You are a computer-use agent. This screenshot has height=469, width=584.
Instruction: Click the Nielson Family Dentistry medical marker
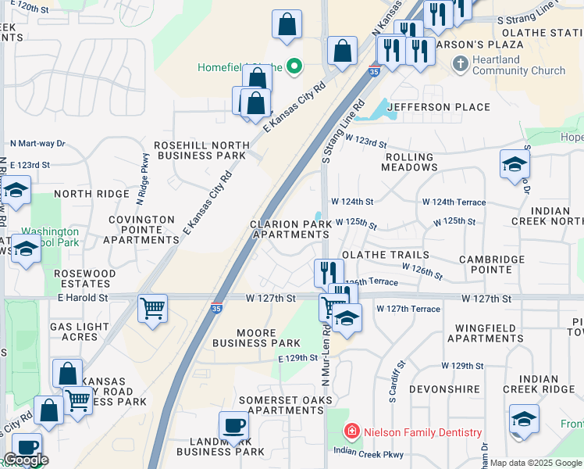(x=352, y=431)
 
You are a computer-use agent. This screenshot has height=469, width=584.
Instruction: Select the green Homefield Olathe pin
(x=294, y=66)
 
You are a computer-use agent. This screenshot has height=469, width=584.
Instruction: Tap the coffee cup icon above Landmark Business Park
(x=233, y=425)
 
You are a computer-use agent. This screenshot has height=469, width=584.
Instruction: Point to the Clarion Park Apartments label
(x=290, y=229)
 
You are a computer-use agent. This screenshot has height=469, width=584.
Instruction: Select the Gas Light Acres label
(x=74, y=331)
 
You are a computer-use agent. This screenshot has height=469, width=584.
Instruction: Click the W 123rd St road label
(x=367, y=143)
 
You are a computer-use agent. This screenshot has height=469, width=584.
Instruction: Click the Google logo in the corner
(x=26, y=460)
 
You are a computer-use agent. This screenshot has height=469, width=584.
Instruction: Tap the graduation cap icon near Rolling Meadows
(x=515, y=163)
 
